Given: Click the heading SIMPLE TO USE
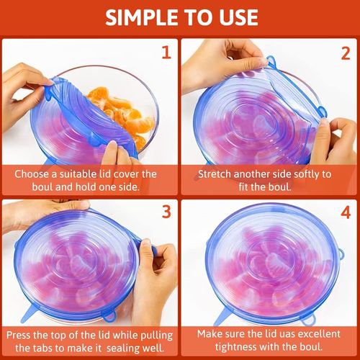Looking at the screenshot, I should [180, 17].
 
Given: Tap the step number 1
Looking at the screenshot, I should [165, 53].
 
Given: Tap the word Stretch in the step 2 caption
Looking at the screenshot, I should [217, 173].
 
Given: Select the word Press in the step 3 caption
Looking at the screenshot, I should [19, 334].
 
